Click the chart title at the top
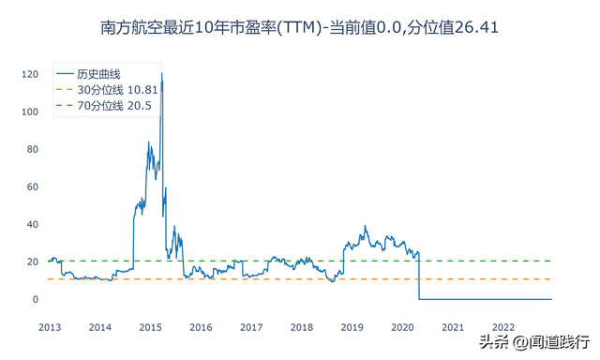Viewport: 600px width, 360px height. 299,28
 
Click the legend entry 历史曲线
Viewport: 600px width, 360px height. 99,73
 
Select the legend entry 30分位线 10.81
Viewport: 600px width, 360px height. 111,89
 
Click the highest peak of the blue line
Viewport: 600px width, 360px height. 161,73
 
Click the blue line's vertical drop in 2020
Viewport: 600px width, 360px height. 418,277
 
